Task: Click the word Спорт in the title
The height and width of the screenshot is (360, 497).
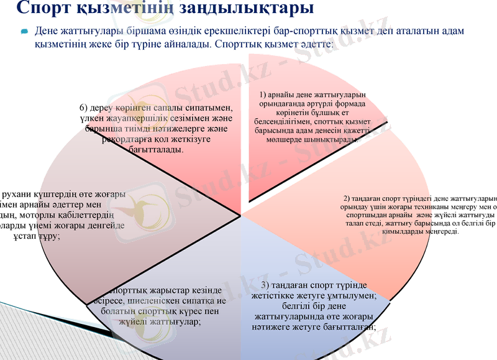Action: click(45, 8)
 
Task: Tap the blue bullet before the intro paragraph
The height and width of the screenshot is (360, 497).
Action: click(24, 31)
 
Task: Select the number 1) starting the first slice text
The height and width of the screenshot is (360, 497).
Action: click(263, 94)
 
